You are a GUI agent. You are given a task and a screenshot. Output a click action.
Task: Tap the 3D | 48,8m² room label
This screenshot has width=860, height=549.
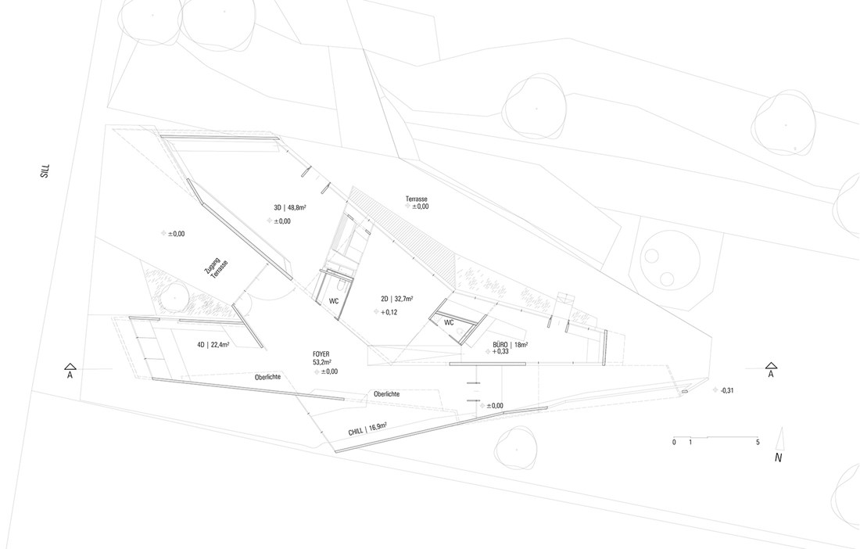coord(290,207)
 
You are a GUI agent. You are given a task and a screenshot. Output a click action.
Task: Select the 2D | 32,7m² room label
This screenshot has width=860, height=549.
coord(397,299)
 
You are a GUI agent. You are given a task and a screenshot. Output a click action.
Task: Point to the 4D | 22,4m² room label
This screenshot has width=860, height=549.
coord(213,345)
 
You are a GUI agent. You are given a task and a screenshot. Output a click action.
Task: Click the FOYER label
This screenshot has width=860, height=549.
coord(321,354)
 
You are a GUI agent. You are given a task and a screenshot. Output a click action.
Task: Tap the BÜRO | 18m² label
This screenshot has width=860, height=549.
coord(510,344)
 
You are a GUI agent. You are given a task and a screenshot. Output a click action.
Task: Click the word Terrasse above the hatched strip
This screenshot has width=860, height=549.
coord(417,199)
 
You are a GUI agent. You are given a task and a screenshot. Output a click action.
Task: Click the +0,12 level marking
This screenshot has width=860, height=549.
coord(389,312)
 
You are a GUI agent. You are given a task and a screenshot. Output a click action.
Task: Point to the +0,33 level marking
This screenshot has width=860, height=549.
coord(500,352)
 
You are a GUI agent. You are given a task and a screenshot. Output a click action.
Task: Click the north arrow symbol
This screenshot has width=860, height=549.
coord(781,437)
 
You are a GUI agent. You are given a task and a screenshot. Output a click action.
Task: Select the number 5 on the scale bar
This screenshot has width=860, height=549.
coord(758,442)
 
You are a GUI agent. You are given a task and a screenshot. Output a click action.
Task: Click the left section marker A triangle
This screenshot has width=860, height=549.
coord(70,366)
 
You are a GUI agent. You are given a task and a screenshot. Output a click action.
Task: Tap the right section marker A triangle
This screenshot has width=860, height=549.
coord(771,365)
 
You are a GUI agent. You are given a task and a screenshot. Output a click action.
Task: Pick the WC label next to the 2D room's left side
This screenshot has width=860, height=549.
coord(334,301)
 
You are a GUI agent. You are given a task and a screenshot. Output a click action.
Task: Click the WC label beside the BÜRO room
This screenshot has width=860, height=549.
coord(450,322)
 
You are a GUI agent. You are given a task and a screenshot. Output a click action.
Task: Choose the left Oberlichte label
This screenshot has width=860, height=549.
coord(267,377)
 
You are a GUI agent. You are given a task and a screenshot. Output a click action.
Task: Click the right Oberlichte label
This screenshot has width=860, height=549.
coord(387,394)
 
